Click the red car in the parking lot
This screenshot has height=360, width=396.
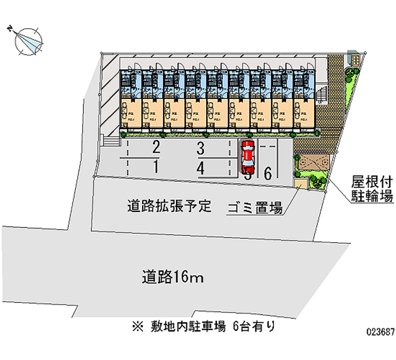point(247,156)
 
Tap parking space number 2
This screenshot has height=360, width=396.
point(156,147)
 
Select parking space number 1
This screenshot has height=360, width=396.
point(156,167)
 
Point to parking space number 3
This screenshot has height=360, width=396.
point(200,147)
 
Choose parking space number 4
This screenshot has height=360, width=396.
point(200,168)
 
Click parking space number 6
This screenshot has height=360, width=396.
point(267,173)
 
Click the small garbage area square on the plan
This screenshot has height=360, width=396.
point(300,184)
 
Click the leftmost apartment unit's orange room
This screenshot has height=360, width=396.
point(130,114)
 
